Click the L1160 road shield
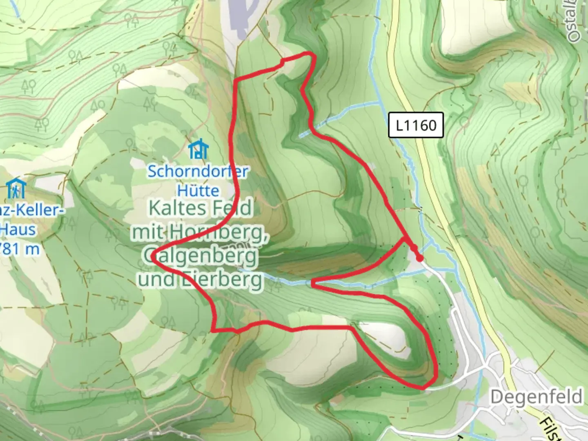416,125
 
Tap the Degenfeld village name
537,396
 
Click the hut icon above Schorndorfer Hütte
198,149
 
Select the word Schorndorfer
198,171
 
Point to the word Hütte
198,190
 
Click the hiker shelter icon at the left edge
16,188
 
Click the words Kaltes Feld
200,208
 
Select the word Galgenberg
200,256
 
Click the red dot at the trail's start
419,258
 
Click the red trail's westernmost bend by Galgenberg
152,257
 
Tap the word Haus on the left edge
19,229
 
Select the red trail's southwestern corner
213,330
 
